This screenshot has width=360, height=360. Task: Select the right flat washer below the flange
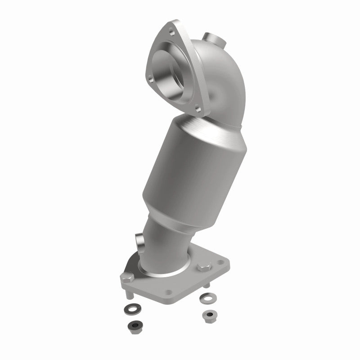[208, 297]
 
